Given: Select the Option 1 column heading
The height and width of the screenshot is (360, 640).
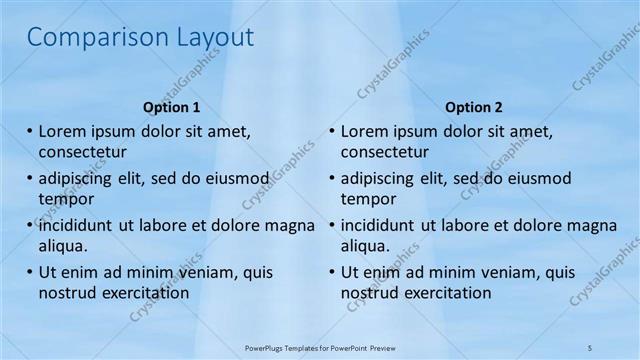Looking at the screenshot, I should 171,107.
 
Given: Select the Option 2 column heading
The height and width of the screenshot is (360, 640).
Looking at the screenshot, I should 474,107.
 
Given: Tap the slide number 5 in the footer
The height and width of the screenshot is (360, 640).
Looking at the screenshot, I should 590,347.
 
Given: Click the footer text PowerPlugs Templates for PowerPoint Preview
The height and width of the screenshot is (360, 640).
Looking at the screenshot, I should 320,347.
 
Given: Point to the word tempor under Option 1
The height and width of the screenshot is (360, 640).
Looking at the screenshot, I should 65,199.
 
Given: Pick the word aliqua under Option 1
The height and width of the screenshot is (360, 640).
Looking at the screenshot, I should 63,246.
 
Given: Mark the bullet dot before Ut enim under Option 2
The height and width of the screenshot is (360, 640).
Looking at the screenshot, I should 332,272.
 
